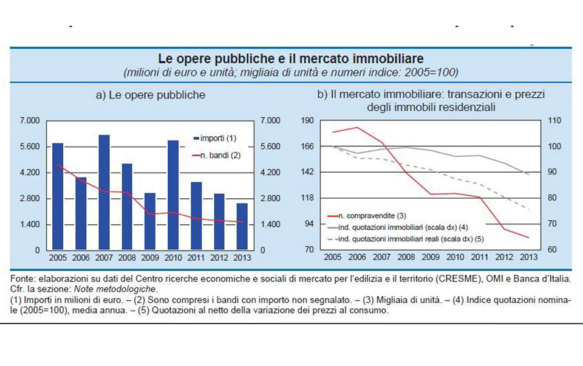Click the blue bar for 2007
[104, 192]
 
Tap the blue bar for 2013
[242, 226]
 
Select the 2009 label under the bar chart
[150, 258]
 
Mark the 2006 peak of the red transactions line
[356, 127]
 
